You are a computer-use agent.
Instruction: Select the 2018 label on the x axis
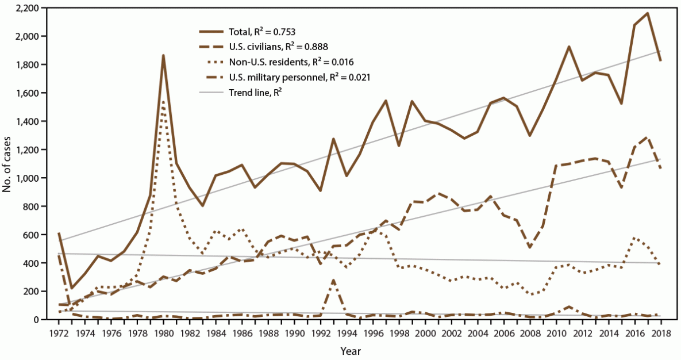point(661,333)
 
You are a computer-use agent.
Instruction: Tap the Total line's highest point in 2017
point(648,13)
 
